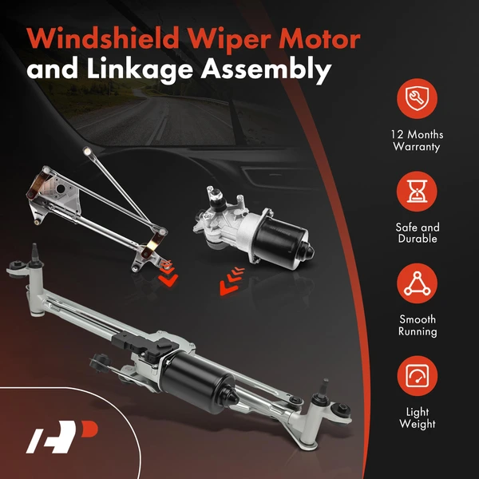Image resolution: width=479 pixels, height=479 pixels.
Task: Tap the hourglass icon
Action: [x=418, y=192]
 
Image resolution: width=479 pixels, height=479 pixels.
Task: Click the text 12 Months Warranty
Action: [x=418, y=141]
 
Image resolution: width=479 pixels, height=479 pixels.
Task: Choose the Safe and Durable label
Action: [x=418, y=233]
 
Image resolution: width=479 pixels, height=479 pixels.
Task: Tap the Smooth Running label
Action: [x=418, y=326]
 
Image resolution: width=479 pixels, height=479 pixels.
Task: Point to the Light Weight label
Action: [x=418, y=419]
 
